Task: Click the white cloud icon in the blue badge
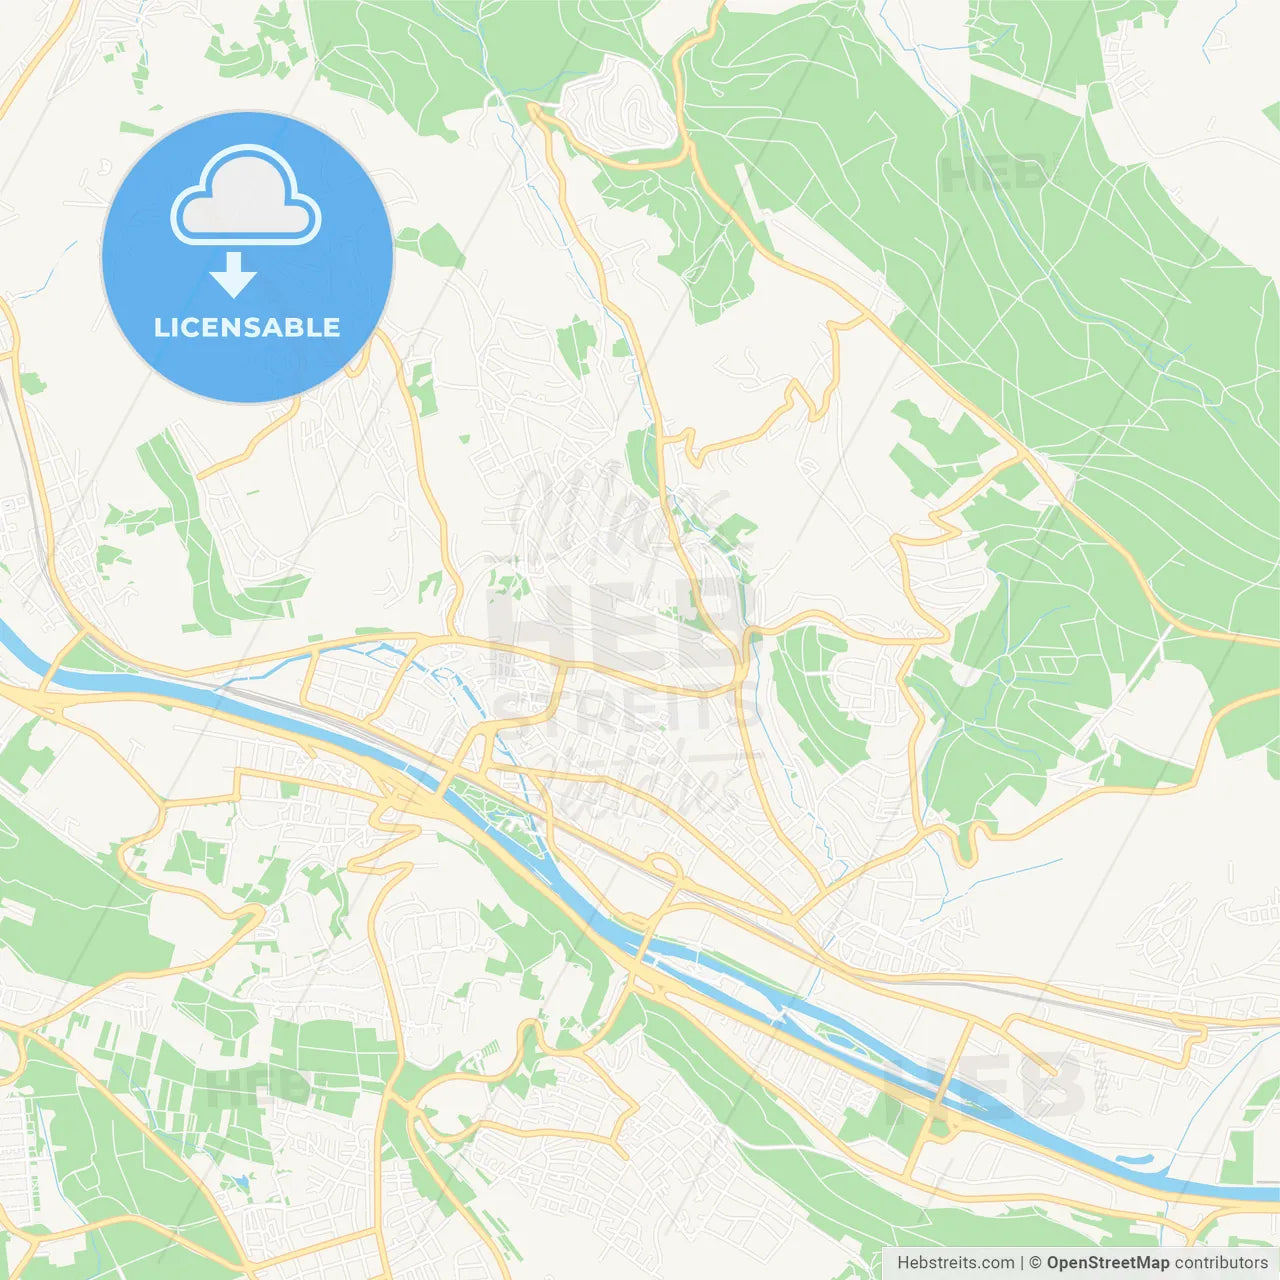point(246,196)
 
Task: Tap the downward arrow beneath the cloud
point(234,275)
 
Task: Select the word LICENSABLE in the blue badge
point(247,327)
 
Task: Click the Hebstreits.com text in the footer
point(955,1263)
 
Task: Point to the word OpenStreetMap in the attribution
point(1108,1263)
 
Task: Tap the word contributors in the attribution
point(1221,1263)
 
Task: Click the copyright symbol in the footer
point(1036,1263)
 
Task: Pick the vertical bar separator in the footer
point(1022,1263)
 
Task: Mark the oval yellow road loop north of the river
point(664,866)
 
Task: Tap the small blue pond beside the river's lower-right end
point(1135,1161)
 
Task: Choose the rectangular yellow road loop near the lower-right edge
point(1100,1040)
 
